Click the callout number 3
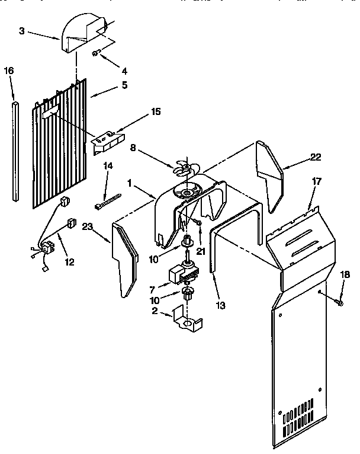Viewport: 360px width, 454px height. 22,31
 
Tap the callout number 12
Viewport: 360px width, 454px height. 70,261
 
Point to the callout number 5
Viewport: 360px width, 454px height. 124,85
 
